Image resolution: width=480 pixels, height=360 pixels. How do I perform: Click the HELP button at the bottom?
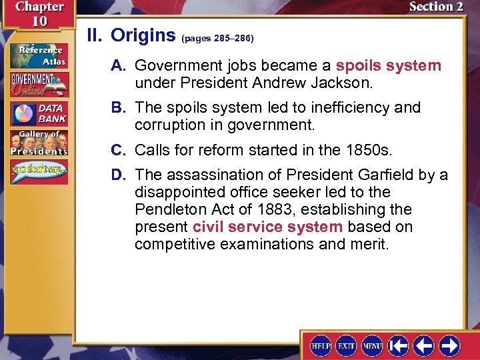(321, 345)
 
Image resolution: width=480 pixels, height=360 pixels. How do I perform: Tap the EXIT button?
(347, 345)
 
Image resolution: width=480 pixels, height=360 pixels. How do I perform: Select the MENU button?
(372, 345)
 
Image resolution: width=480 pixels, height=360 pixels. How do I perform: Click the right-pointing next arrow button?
(449, 345)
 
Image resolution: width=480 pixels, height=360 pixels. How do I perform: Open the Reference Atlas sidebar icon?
(38, 55)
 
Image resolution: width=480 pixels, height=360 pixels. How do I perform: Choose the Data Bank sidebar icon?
(38, 113)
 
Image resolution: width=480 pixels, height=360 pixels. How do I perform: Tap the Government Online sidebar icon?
(38, 84)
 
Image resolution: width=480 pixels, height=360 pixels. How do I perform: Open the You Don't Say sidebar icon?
(38, 171)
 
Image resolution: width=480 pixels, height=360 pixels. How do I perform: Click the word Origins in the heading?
(143, 35)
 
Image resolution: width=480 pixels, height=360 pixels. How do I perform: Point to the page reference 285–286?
(217, 39)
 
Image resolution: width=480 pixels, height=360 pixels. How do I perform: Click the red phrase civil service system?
(267, 227)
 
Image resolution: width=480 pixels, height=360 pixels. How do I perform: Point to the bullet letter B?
(121, 108)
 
